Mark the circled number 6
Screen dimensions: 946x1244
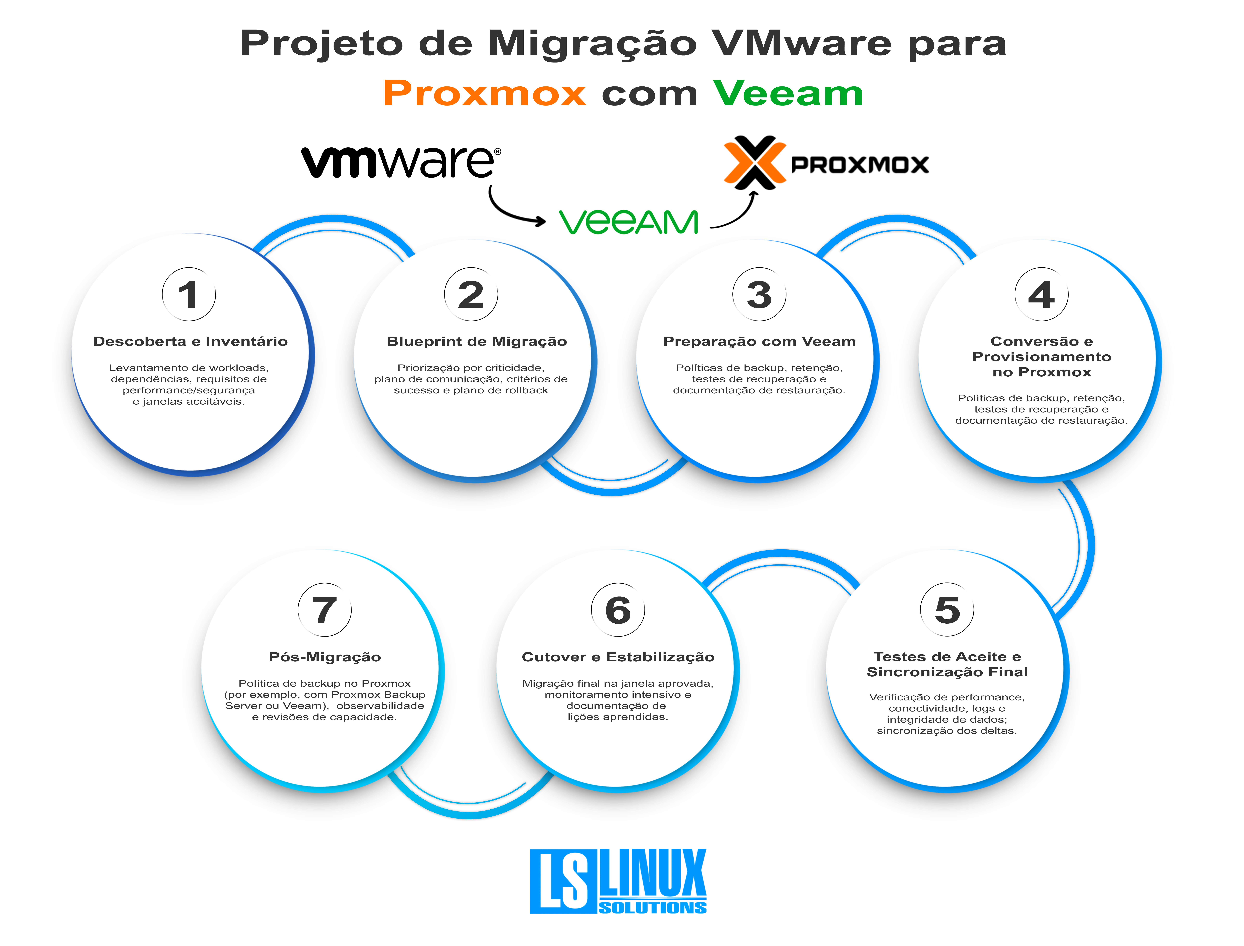click(618, 610)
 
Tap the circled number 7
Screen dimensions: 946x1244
click(324, 610)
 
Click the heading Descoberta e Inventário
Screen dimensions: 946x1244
click(190, 341)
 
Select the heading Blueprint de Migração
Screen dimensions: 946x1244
click(476, 341)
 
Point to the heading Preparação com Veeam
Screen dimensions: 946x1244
click(759, 341)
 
